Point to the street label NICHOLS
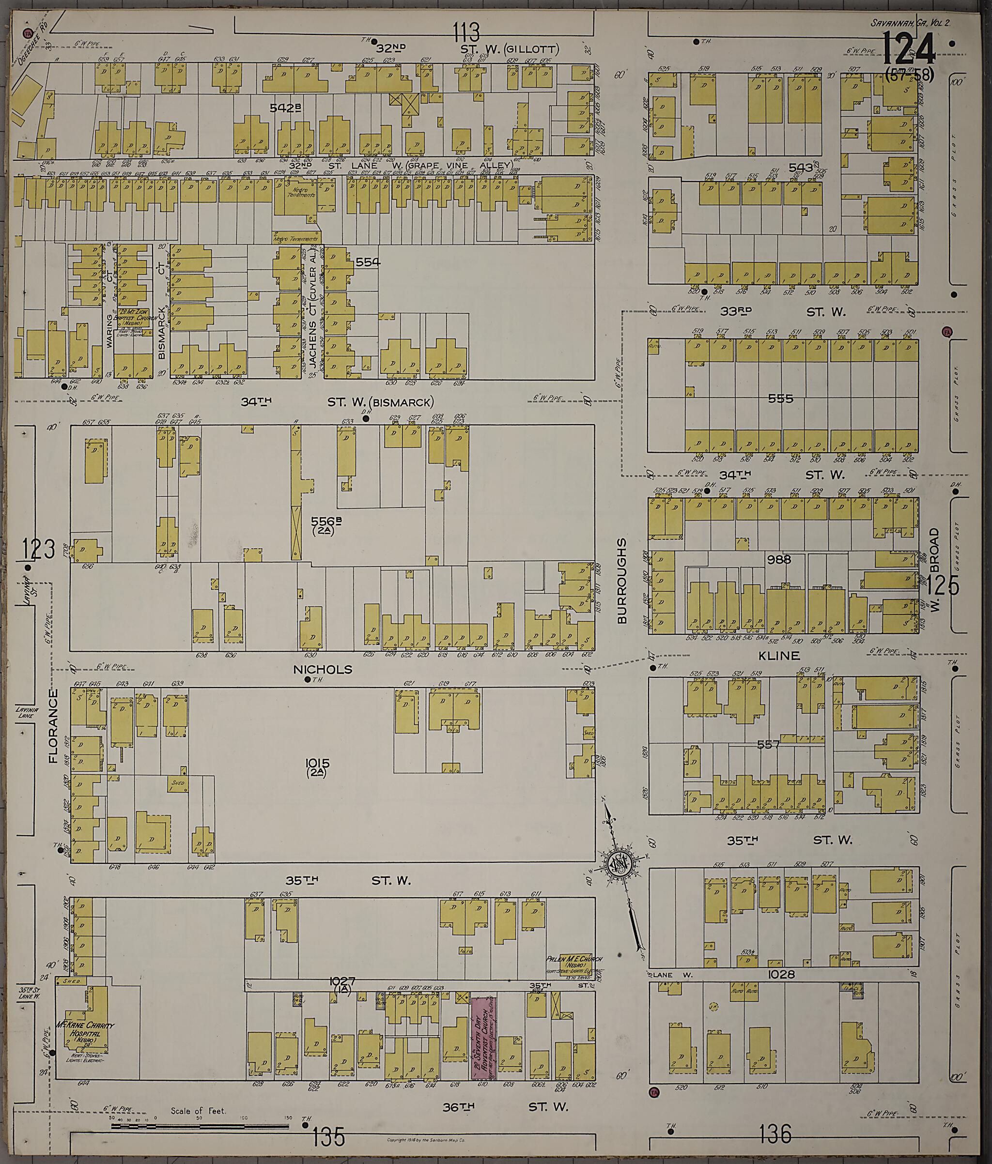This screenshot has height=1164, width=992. click(x=330, y=669)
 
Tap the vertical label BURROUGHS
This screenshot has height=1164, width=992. click(x=621, y=581)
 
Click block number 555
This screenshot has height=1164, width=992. click(x=780, y=398)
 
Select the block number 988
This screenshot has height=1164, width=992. click(x=779, y=559)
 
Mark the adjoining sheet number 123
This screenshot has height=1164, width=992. click(x=39, y=550)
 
